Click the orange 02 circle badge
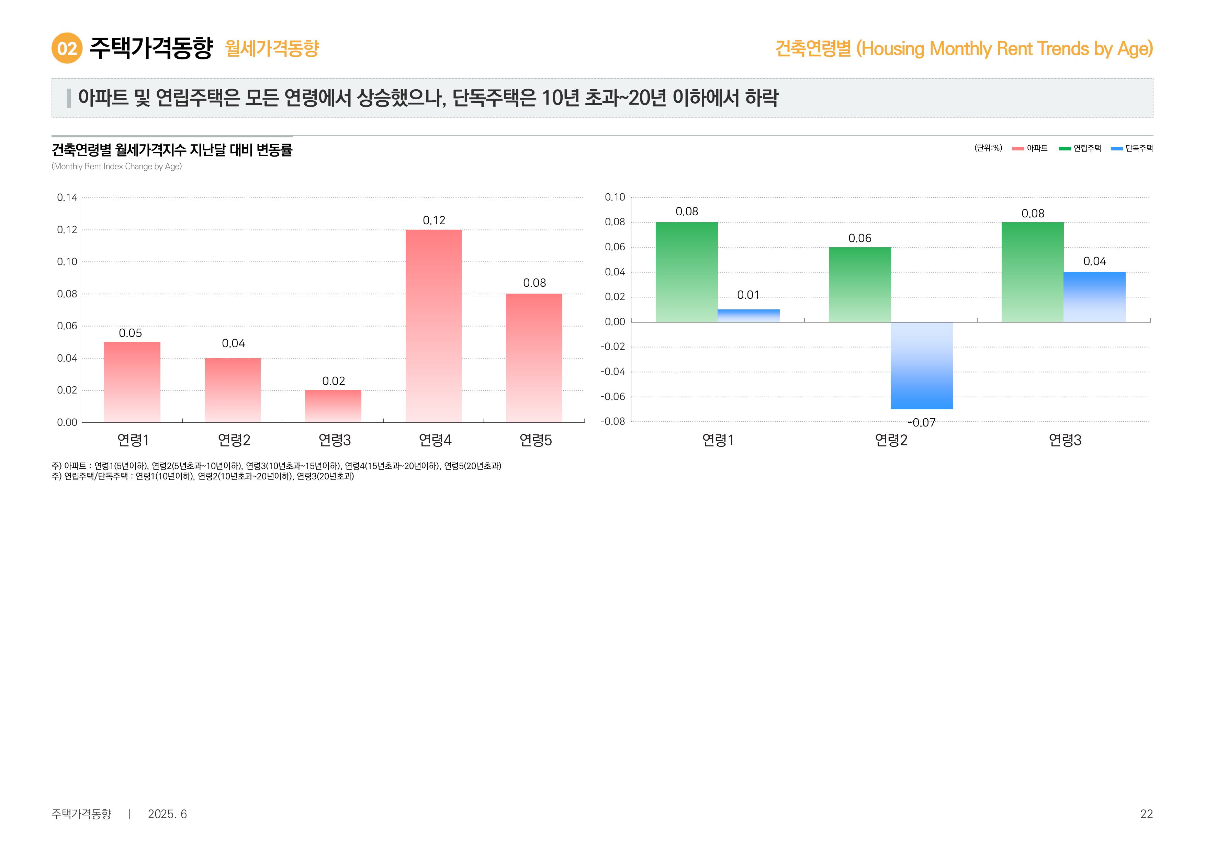pyautogui.click(x=67, y=48)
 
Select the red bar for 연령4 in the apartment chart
pyautogui.click(x=433, y=325)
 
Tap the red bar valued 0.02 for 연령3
pyautogui.click(x=333, y=406)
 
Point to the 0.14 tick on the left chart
pyautogui.click(x=67, y=198)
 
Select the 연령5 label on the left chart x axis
pyautogui.click(x=535, y=440)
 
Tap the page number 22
pyautogui.click(x=1146, y=814)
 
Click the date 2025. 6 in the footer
pyautogui.click(x=167, y=814)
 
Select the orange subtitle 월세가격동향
pyautogui.click(x=272, y=48)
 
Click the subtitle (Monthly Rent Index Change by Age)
pyautogui.click(x=116, y=166)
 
